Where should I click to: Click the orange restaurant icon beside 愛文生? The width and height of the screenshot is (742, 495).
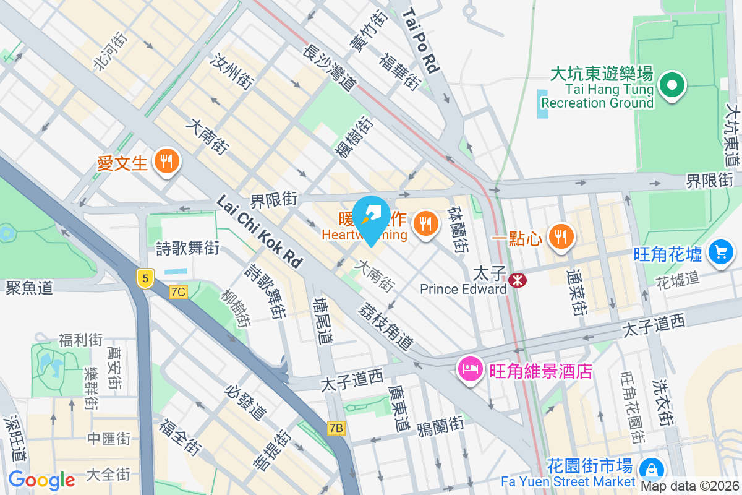[166, 162]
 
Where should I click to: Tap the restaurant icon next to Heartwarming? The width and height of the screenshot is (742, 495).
[424, 222]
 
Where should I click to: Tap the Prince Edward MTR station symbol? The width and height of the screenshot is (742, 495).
[517, 281]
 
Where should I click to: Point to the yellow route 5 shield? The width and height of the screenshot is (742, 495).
[145, 278]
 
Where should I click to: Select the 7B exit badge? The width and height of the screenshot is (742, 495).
[336, 428]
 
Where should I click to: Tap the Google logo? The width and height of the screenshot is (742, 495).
[41, 480]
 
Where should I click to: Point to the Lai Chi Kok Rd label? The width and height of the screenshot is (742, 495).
[260, 232]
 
